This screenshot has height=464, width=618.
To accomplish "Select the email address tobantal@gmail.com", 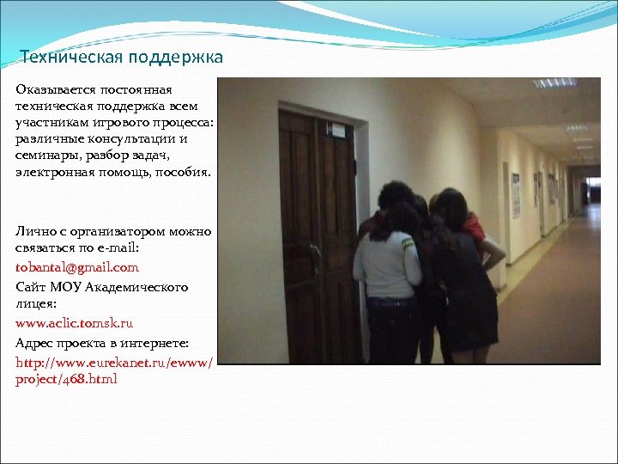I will [76, 267].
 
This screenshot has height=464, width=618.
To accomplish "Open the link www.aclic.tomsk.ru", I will [74, 324].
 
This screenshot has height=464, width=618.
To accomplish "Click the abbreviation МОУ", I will [65, 287].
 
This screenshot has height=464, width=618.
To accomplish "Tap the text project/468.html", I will [66, 379].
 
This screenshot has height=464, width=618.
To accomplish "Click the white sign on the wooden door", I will [340, 131].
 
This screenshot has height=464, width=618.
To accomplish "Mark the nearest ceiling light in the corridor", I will [553, 83].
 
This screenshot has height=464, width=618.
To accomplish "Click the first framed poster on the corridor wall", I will [516, 194].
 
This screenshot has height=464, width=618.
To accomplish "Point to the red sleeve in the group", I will [474, 227].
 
